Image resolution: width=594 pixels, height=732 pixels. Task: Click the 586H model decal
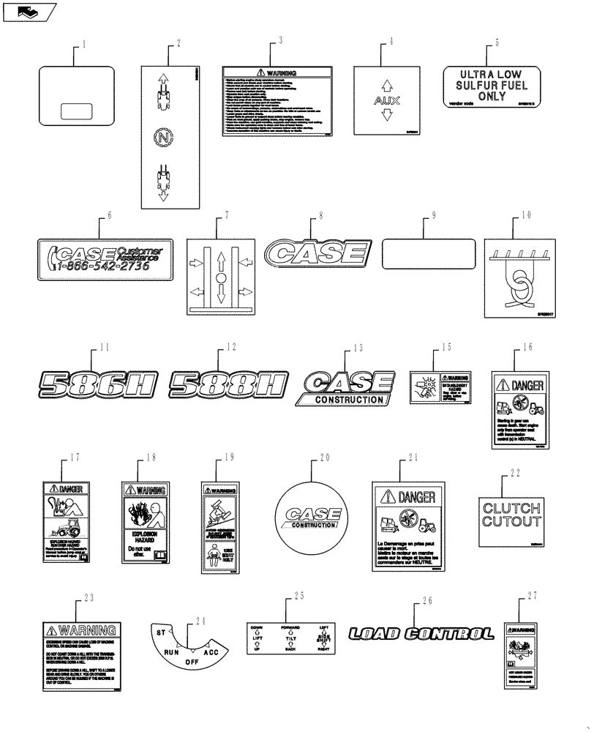tap(98, 383)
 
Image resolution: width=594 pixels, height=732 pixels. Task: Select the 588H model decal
tap(228, 383)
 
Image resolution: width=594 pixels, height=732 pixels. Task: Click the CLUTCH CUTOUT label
tap(510, 515)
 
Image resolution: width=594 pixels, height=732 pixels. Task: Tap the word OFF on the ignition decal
tap(190, 661)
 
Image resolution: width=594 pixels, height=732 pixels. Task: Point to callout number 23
tap(89, 597)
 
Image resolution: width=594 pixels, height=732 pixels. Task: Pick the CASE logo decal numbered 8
tap(317, 254)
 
